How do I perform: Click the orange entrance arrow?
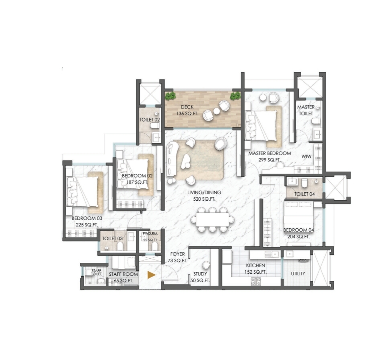click(x=151, y=275)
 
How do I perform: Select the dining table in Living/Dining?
click(x=213, y=219)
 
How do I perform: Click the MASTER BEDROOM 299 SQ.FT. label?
click(x=269, y=156)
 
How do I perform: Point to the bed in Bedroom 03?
click(x=83, y=192)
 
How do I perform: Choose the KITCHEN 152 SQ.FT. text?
click(x=256, y=269)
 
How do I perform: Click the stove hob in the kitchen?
click(x=256, y=281)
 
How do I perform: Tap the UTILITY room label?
click(x=298, y=274)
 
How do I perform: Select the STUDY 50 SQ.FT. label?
click(x=200, y=277)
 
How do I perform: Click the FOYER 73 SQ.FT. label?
click(x=177, y=257)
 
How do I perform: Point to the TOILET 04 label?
click(x=304, y=194)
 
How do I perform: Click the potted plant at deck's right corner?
click(x=235, y=96)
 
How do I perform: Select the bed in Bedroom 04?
click(x=298, y=214)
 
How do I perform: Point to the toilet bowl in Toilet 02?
click(x=155, y=126)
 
